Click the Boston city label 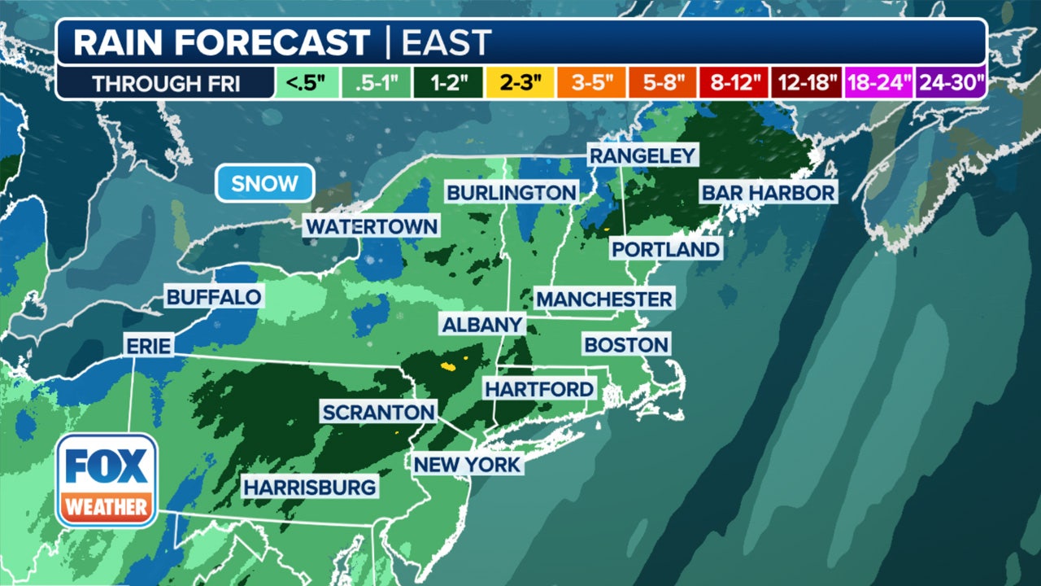(626, 344)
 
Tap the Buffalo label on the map (214, 297)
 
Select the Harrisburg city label (310, 488)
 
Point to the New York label (466, 465)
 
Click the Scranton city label (378, 412)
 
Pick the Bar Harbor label (768, 193)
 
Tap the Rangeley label (642, 155)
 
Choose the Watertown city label (372, 226)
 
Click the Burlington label (512, 193)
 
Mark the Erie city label (149, 346)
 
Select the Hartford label (539, 389)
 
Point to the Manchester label (604, 299)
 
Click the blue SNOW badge (264, 183)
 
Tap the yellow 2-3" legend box (519, 84)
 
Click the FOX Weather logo (107, 480)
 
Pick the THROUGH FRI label (165, 84)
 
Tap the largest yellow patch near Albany (448, 365)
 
